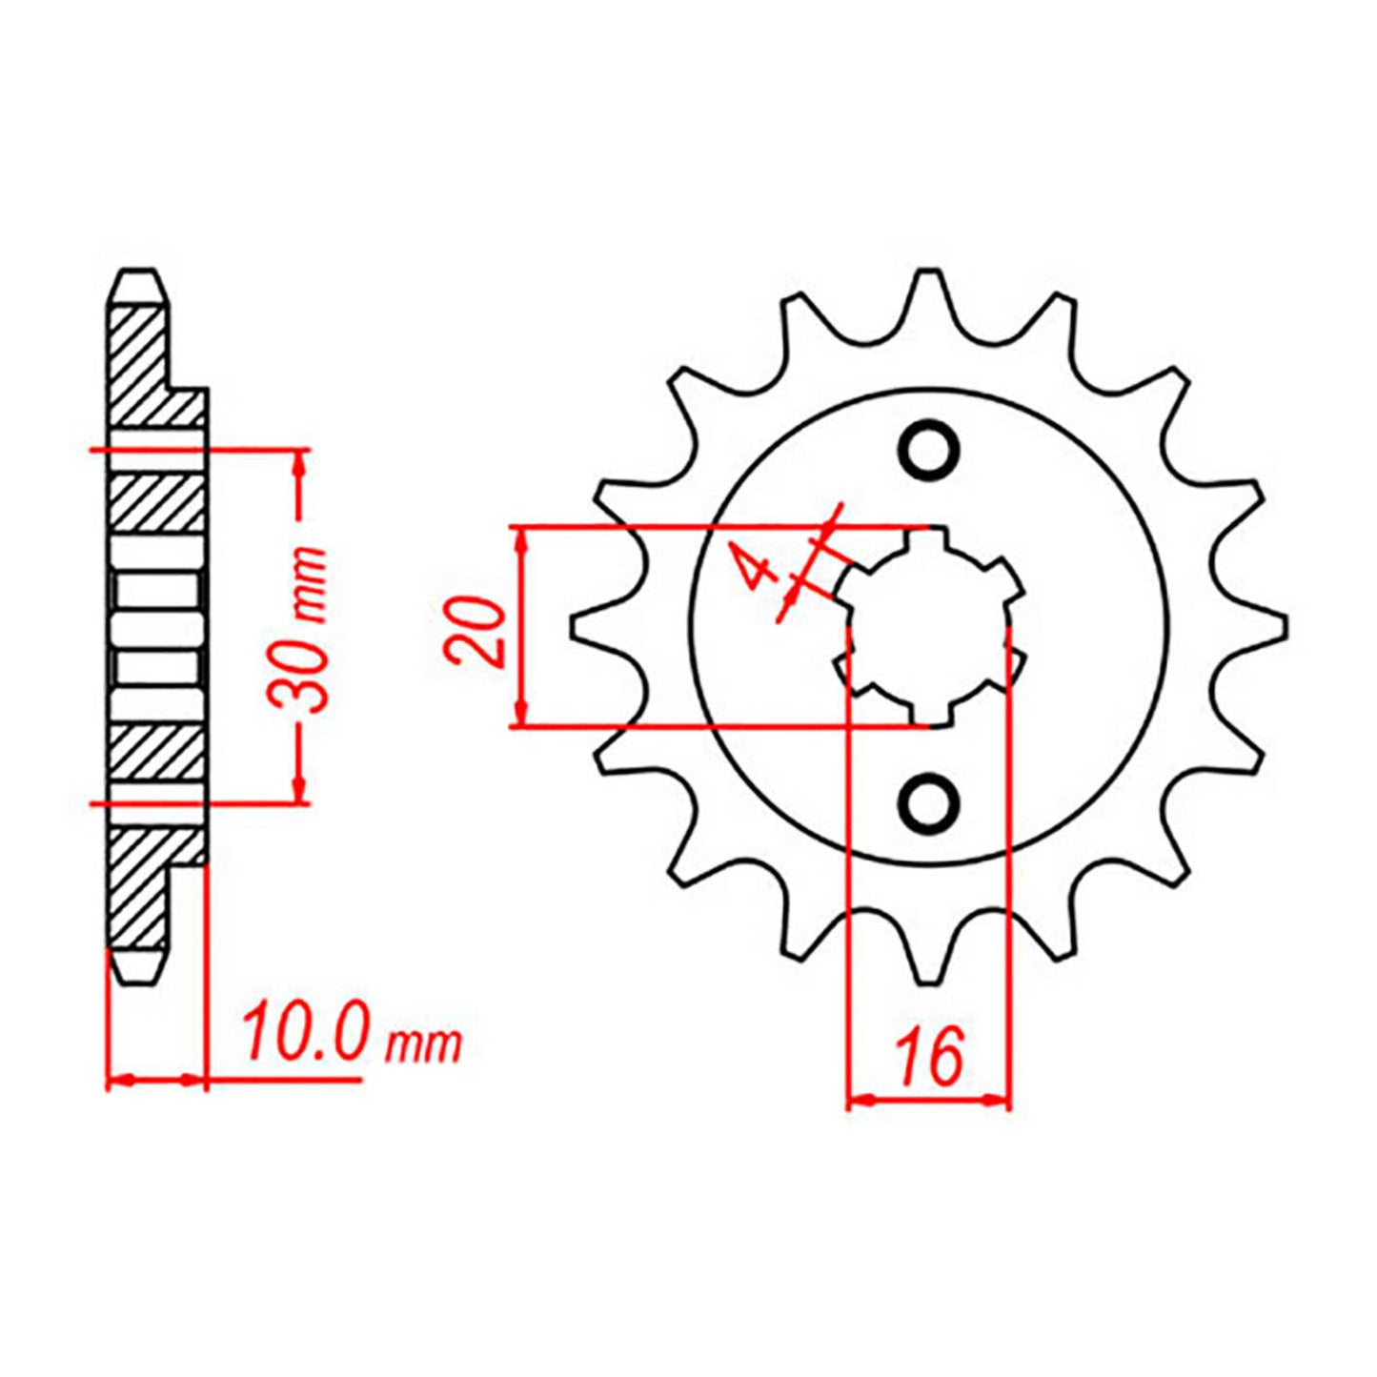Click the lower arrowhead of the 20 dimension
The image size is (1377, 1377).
(x=520, y=715)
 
